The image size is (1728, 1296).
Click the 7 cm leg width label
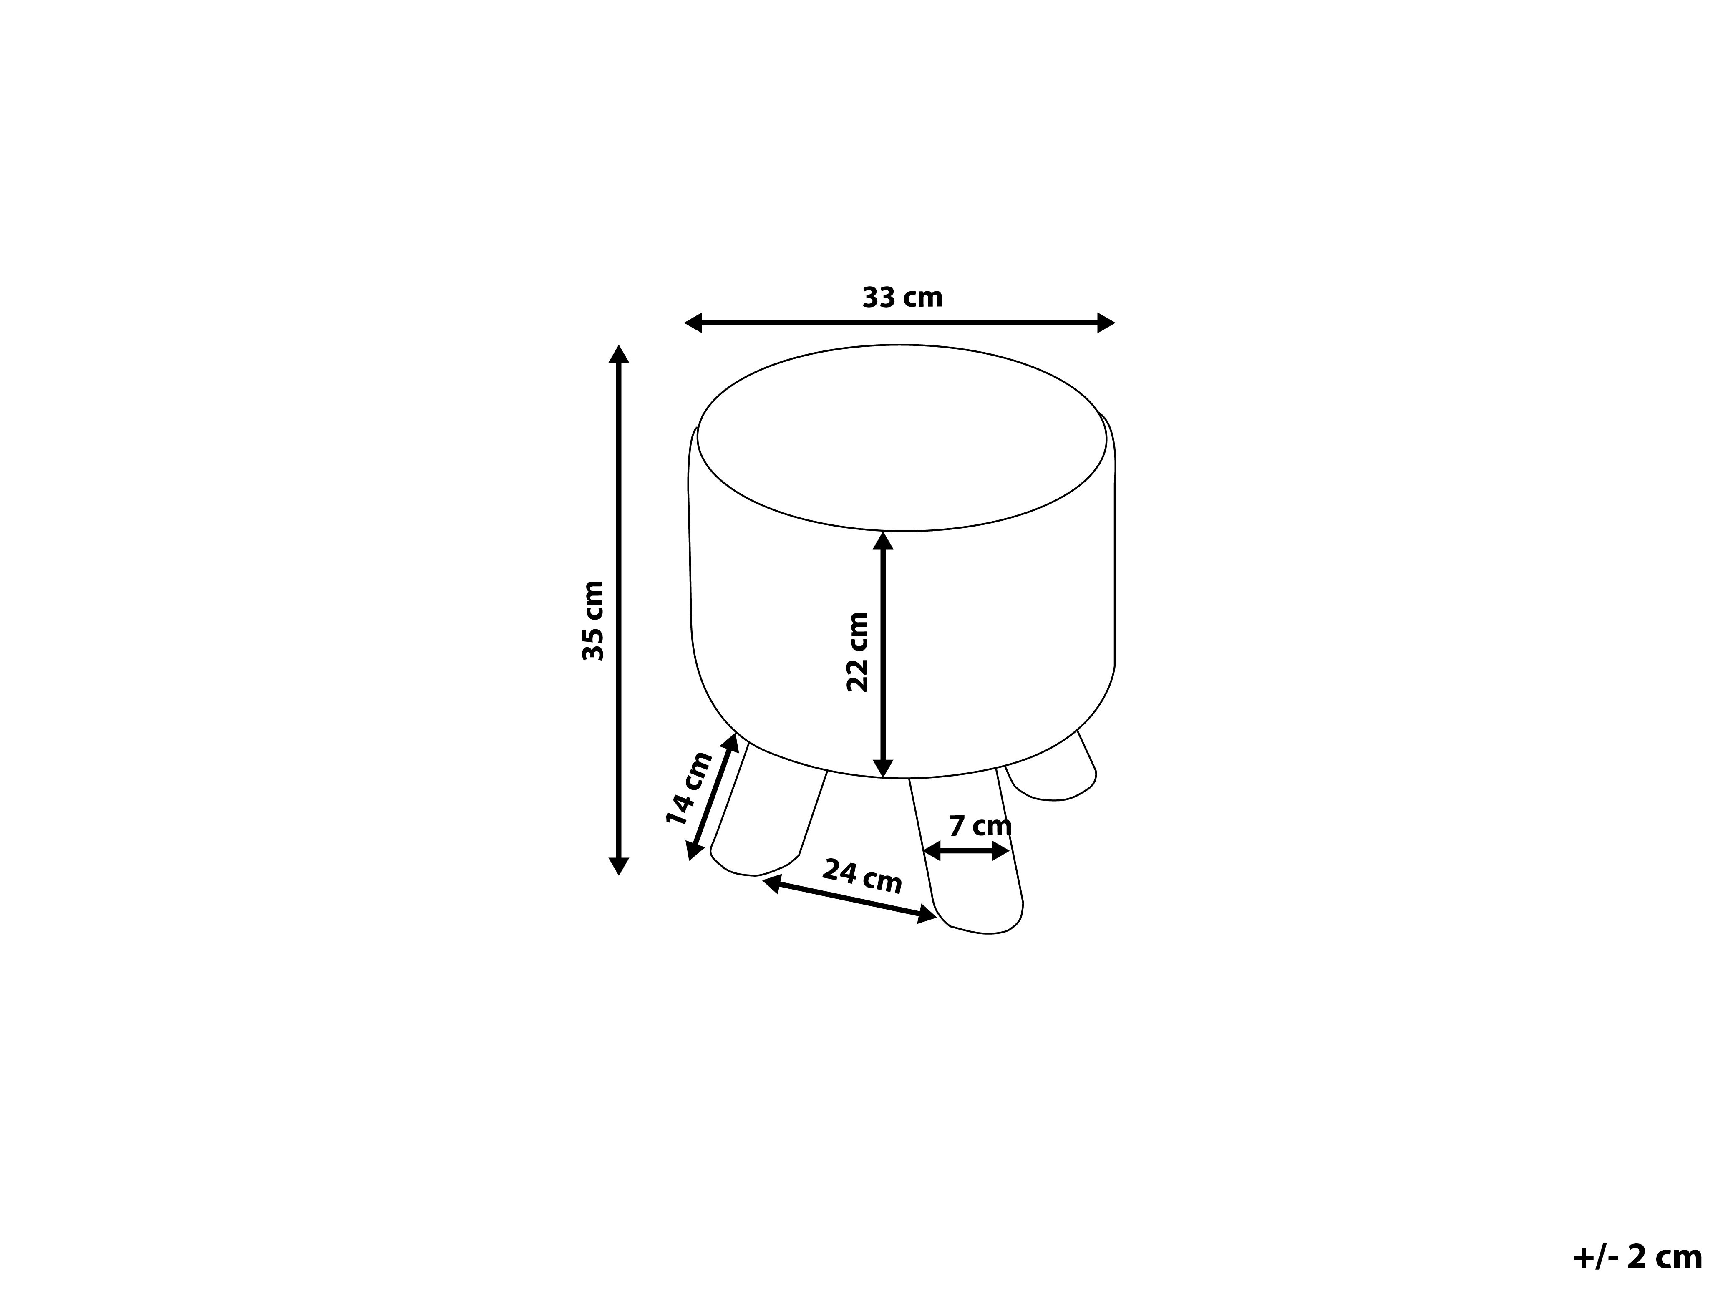coord(980,826)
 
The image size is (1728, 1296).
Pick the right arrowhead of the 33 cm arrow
coord(1106,323)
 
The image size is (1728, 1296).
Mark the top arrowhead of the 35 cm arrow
coord(619,354)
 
